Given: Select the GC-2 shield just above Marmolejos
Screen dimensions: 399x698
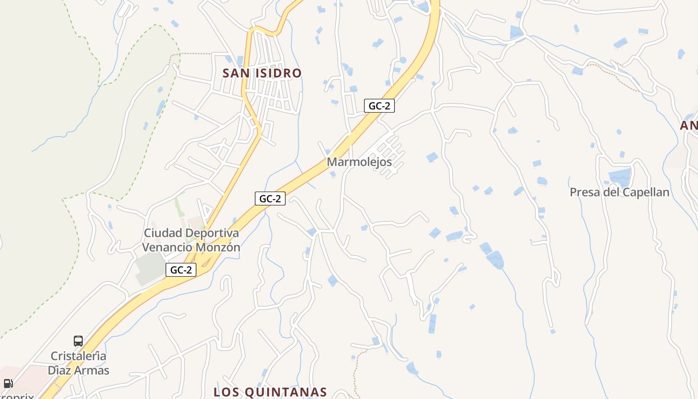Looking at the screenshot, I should [379, 106].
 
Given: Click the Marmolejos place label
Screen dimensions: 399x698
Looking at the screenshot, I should [359, 162].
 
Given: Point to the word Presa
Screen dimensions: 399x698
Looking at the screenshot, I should [584, 193].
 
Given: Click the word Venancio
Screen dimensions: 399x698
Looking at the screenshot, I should [164, 247].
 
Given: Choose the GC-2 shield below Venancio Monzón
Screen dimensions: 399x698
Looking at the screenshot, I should [181, 270].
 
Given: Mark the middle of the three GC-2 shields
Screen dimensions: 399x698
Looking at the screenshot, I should [270, 199].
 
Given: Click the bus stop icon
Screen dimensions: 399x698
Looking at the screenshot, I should [78, 341].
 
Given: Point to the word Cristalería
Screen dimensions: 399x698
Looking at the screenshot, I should [78, 356].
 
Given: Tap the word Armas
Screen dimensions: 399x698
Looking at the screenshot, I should [93, 371].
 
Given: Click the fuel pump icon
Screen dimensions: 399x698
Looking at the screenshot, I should [8, 384].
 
